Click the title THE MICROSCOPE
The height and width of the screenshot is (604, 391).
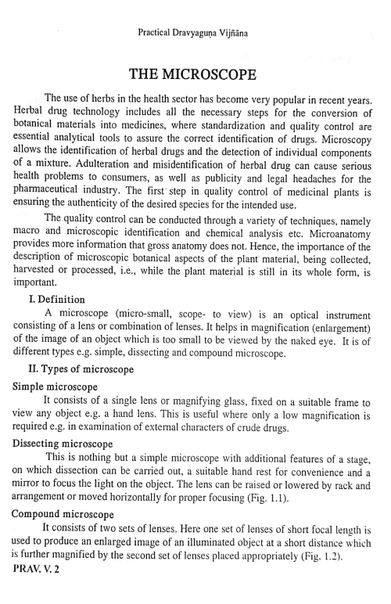[194, 75]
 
